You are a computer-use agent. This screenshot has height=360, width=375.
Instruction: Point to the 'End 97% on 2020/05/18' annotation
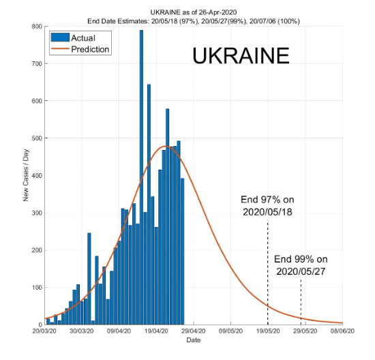click(x=267, y=206)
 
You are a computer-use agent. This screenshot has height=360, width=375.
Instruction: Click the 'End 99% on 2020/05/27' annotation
click(x=301, y=265)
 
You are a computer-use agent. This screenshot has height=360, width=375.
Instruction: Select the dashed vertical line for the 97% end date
click(x=267, y=273)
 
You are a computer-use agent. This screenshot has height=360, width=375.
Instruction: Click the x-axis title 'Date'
click(x=194, y=340)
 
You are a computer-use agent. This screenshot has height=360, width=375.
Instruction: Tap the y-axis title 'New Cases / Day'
click(x=25, y=175)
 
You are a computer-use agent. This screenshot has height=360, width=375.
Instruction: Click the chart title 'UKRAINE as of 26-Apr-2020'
click(x=194, y=12)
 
